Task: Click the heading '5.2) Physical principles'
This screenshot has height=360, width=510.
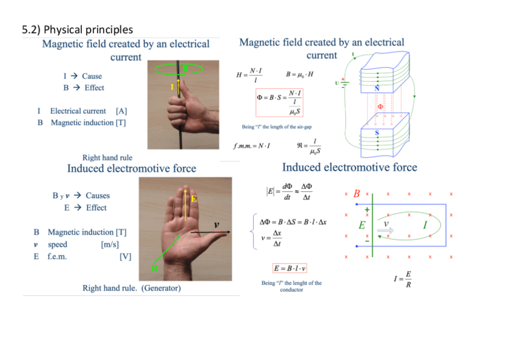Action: pyautogui.click(x=77, y=29)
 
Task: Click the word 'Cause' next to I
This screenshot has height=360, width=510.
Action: pyautogui.click(x=92, y=76)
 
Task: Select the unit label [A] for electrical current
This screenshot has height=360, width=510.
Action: pyautogui.click(x=121, y=111)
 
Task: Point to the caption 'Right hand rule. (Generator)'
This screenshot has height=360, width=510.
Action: pyautogui.click(x=131, y=288)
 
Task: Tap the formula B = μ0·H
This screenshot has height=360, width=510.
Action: pyautogui.click(x=300, y=74)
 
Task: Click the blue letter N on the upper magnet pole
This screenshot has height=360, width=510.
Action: pyautogui.click(x=377, y=87)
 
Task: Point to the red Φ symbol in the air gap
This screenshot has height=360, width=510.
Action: pyautogui.click(x=379, y=106)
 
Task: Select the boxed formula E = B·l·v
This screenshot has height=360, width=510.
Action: pyautogui.click(x=290, y=268)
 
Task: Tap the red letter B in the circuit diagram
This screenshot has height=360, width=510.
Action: pyautogui.click(x=357, y=194)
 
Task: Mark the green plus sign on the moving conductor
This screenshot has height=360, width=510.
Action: pyautogui.click(x=367, y=210)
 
